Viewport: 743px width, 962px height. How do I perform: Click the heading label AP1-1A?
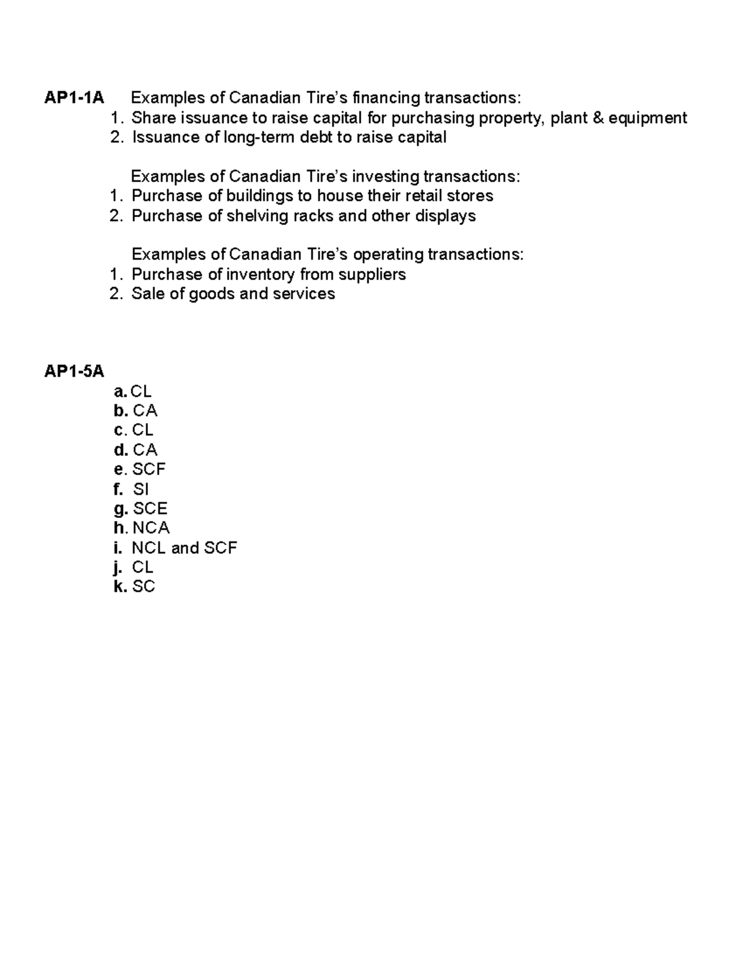pyautogui.click(x=74, y=98)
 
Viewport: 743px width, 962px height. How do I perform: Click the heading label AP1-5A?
pyautogui.click(x=74, y=372)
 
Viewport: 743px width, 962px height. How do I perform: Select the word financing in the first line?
pyautogui.click(x=385, y=98)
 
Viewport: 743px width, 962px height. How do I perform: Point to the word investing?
pyautogui.click(x=385, y=177)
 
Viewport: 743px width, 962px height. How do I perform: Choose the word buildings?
pyautogui.click(x=259, y=196)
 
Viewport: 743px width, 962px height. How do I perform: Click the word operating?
pyautogui.click(x=388, y=255)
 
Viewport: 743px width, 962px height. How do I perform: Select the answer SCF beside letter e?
pyautogui.click(x=149, y=470)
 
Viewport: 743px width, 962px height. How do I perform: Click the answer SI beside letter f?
pyautogui.click(x=141, y=489)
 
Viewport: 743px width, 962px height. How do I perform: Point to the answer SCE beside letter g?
pyautogui.click(x=150, y=509)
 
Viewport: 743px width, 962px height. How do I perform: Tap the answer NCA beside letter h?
pyautogui.click(x=150, y=528)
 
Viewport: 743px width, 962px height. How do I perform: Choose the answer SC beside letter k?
pyautogui.click(x=144, y=587)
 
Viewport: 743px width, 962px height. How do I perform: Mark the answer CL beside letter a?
pyautogui.click(x=141, y=391)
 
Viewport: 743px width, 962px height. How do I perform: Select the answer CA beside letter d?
pyautogui.click(x=145, y=450)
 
